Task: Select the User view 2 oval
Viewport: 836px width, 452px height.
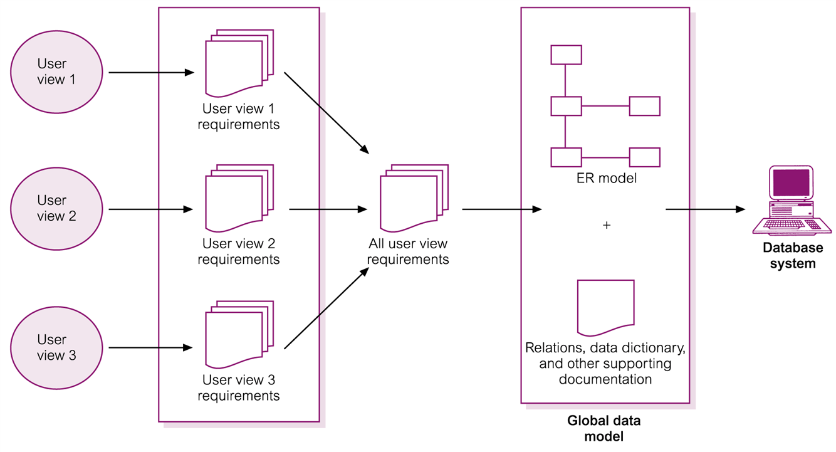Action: pos(56,209)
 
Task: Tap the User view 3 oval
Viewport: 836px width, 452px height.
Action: pos(56,347)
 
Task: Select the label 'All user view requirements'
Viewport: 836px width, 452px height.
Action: pos(408,251)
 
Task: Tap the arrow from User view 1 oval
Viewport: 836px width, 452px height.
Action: pos(151,72)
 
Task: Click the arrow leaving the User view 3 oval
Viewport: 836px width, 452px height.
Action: pos(151,347)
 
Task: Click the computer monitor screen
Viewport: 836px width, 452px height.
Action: pos(791,183)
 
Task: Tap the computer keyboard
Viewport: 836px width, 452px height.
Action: pos(793,225)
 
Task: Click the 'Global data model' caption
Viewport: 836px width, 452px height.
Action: pos(604,428)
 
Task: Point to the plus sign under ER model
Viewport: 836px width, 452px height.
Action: pos(606,225)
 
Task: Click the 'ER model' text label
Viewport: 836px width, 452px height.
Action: pos(606,178)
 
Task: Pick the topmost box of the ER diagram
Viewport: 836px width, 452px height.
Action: pos(566,55)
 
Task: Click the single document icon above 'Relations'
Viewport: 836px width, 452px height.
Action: pos(605,307)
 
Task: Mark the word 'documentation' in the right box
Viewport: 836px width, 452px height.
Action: pos(605,379)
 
